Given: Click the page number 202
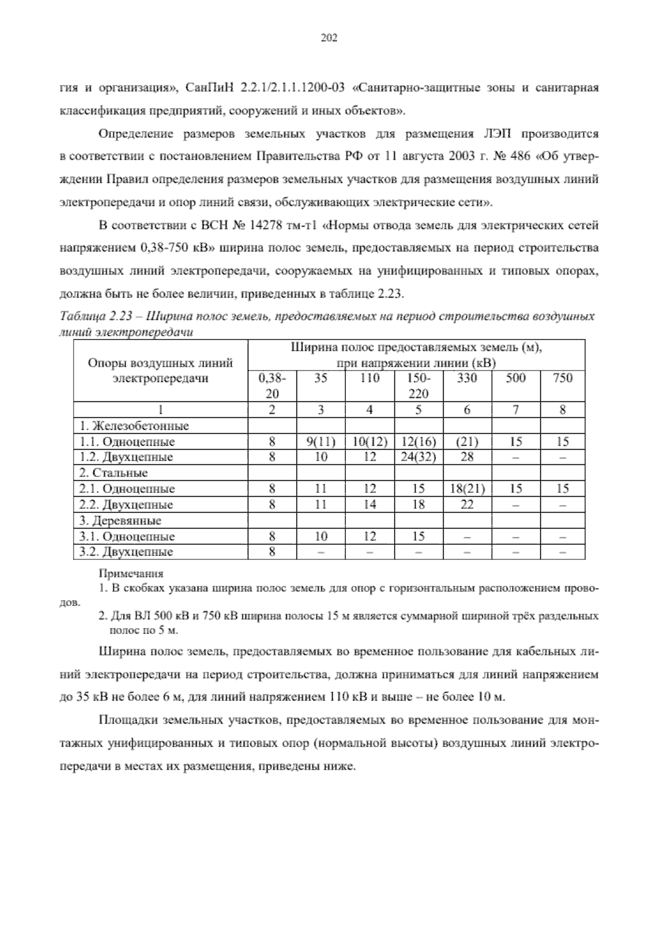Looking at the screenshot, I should point(328,38).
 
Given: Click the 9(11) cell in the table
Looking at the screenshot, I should point(321,442).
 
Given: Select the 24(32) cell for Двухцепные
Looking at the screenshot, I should point(418,457).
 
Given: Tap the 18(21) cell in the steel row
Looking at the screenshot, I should point(467,489).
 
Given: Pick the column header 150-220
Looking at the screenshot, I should point(418,385).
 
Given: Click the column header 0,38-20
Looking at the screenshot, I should point(272,385).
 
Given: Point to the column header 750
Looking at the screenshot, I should point(562,378).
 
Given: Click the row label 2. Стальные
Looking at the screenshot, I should point(114,473).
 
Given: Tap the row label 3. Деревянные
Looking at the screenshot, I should point(120,520).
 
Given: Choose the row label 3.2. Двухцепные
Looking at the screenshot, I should point(126,552).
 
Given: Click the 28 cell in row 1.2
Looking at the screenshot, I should point(467,457).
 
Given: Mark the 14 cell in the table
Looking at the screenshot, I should point(370,504).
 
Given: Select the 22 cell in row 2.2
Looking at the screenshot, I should point(467,504).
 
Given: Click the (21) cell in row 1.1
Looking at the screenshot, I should point(467,442).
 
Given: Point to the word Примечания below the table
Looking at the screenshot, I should point(131,574).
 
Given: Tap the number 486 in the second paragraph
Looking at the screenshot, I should point(520,157).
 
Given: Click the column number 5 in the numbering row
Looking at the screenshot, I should point(418,410).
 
